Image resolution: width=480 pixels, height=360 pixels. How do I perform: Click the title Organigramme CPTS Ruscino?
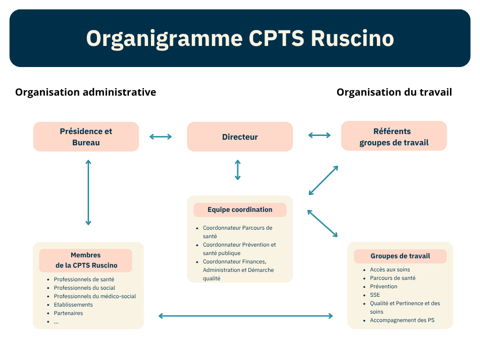(x=240, y=38)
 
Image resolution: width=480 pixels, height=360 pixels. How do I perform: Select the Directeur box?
(x=240, y=137)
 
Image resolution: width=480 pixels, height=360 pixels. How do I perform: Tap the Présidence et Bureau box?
(x=86, y=137)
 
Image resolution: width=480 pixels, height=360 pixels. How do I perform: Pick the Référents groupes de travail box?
(x=394, y=136)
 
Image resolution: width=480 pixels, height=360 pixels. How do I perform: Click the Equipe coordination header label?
(x=240, y=210)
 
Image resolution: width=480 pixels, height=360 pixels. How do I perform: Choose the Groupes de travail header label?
(x=400, y=256)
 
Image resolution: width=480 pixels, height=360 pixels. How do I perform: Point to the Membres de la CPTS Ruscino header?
(x=86, y=261)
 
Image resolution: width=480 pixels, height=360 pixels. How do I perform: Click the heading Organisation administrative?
(x=86, y=92)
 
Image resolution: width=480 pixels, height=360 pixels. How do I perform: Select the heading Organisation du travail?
(x=394, y=92)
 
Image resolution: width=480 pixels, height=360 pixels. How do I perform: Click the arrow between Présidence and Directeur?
(x=161, y=137)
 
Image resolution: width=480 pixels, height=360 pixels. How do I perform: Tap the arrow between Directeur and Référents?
(x=319, y=135)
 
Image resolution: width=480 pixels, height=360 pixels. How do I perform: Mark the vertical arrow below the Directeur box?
(x=238, y=170)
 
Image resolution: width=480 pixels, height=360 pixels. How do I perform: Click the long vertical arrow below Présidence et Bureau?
(x=88, y=192)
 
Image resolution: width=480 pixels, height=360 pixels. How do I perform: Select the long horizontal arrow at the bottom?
(x=246, y=316)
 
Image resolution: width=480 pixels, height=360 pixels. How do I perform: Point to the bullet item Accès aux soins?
(x=390, y=270)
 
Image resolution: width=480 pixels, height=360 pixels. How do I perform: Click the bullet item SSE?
(x=375, y=295)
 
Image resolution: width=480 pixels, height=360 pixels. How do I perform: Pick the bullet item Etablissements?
(x=73, y=305)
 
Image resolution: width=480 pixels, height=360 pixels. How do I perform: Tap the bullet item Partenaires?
(x=68, y=313)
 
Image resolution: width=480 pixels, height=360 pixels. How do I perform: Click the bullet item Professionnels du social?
(x=84, y=288)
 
